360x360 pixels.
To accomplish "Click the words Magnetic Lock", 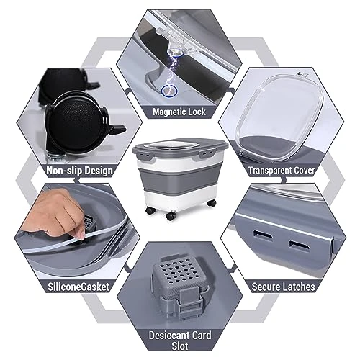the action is (x=179, y=112).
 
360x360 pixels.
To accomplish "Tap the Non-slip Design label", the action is (x=79, y=171).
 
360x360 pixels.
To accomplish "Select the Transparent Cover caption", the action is (x=282, y=170).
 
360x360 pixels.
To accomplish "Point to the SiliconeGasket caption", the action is (x=78, y=287).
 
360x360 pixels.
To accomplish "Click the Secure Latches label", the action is (x=283, y=287).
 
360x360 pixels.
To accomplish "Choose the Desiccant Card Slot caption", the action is (x=180, y=341).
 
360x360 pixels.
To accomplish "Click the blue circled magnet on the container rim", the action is (x=169, y=91).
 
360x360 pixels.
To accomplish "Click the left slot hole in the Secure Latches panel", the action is (x=263, y=235).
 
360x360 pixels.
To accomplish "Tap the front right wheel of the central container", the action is (x=212, y=203).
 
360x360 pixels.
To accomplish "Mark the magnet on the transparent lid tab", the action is (x=175, y=52).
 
